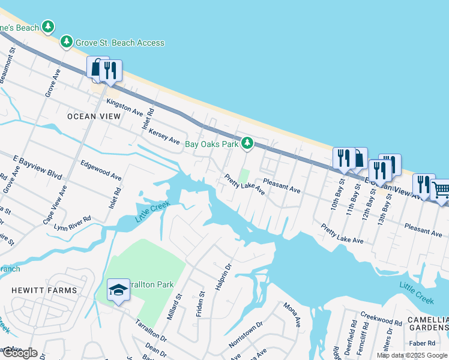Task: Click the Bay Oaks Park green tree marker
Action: click(x=247, y=143)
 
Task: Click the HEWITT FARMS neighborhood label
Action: click(x=44, y=290)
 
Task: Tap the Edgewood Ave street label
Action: click(x=101, y=170)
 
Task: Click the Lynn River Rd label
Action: click(x=72, y=223)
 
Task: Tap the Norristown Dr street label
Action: click(x=246, y=335)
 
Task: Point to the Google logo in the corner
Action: click(x=20, y=353)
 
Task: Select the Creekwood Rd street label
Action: click(x=381, y=319)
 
